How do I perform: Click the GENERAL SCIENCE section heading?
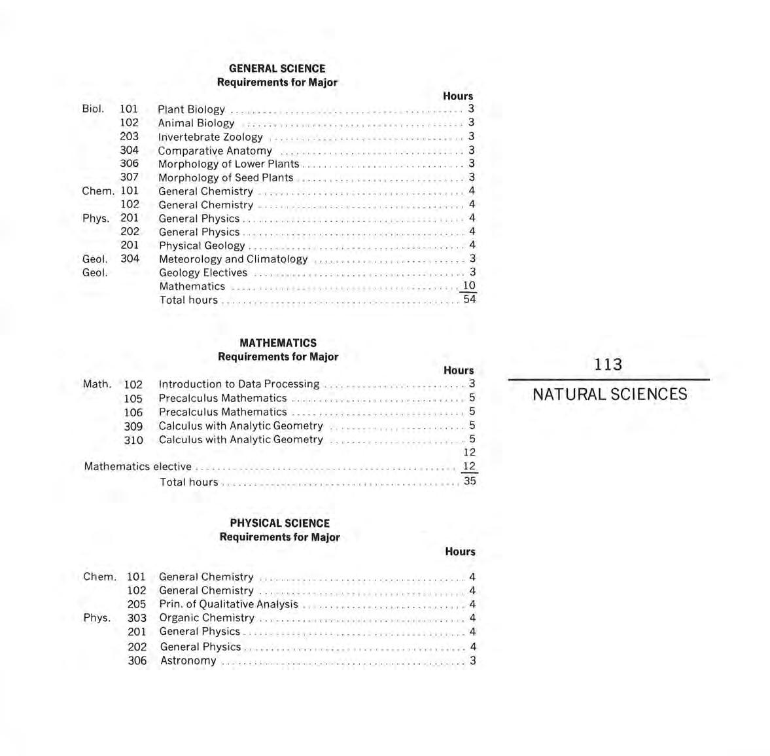click(x=277, y=68)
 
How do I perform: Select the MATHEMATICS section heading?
click(x=278, y=342)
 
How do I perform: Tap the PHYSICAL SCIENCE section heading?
click(x=279, y=523)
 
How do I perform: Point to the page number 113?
click(x=608, y=365)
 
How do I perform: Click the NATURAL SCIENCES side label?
click(x=609, y=394)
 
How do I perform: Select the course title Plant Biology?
click(x=191, y=109)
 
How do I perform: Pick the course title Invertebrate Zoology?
click(x=210, y=137)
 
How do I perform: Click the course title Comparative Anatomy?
click(x=215, y=151)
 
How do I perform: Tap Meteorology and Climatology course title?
click(x=233, y=259)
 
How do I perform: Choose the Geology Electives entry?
click(x=203, y=272)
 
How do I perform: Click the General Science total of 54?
click(x=469, y=299)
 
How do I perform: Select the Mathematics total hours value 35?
click(x=469, y=481)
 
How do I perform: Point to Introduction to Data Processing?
click(x=239, y=384)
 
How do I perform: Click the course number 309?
click(x=133, y=426)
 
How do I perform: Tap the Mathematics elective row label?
click(x=137, y=467)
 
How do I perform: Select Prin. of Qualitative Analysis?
click(x=228, y=604)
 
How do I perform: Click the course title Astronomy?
click(x=188, y=660)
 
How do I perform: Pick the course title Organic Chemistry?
click(x=207, y=618)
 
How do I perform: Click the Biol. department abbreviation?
click(x=93, y=109)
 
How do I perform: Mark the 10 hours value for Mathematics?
click(x=468, y=285)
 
